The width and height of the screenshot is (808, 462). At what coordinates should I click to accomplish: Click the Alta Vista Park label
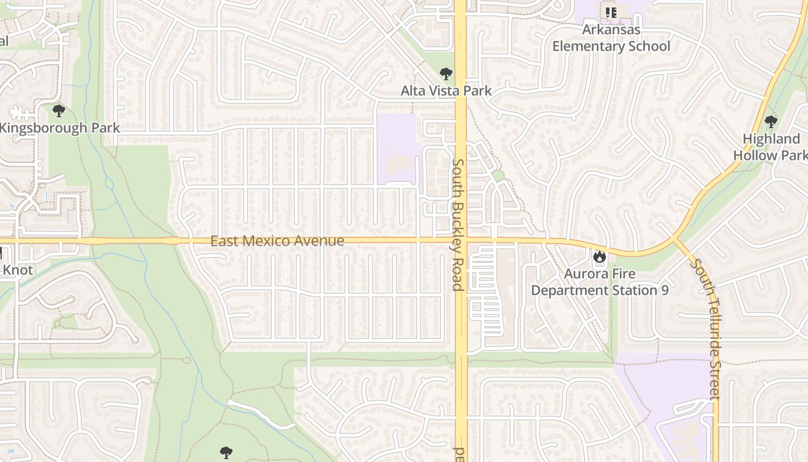(446, 91)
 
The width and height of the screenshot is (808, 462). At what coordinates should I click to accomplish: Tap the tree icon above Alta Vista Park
(446, 74)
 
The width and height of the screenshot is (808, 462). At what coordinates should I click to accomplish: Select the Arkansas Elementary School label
(611, 38)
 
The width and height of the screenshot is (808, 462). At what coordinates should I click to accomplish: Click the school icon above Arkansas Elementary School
(611, 12)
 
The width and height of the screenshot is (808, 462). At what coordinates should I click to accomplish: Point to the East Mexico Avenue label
(277, 241)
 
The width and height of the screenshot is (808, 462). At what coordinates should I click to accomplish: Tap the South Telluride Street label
(708, 329)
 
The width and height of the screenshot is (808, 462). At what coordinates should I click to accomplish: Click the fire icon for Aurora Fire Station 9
(600, 255)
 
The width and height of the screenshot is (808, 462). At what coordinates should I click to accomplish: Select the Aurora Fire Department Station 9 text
(600, 282)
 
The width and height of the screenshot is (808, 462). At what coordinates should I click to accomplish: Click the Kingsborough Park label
(59, 128)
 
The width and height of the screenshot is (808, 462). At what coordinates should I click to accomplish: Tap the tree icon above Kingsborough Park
(58, 110)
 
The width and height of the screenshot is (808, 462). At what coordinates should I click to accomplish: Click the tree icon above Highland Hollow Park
(770, 122)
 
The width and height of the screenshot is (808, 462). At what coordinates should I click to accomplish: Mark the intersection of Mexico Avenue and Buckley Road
(461, 239)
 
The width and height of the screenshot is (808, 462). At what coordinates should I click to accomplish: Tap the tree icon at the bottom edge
(226, 453)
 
